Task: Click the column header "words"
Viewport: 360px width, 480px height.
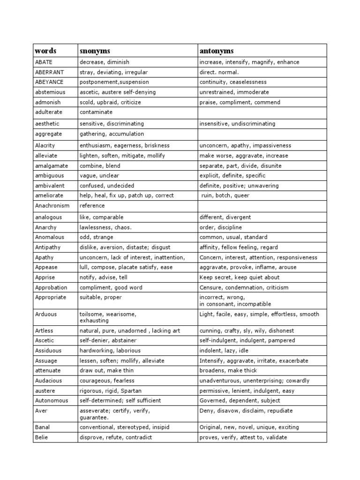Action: [x=45, y=51]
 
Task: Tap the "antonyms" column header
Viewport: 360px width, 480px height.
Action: [x=217, y=51]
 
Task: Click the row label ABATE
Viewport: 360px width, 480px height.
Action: [x=45, y=62]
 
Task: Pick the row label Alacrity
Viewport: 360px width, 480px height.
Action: [x=45, y=146]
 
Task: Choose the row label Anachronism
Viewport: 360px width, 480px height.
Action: [x=52, y=206]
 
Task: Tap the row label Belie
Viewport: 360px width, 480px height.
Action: [x=42, y=438]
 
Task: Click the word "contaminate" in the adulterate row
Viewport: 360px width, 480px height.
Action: [x=96, y=112]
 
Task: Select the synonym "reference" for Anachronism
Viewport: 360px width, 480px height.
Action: [x=92, y=206]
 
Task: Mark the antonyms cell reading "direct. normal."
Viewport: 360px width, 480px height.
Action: [x=219, y=72]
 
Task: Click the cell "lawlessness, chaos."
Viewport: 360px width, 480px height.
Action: [x=106, y=227]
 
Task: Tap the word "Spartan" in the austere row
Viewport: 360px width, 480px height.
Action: [x=133, y=391]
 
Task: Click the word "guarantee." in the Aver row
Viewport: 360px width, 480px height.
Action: [x=94, y=417]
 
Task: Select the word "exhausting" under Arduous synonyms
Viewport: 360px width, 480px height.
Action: [x=94, y=321]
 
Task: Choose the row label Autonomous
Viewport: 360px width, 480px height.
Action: [x=52, y=401]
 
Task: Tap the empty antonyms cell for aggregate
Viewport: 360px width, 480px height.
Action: [x=261, y=134]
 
